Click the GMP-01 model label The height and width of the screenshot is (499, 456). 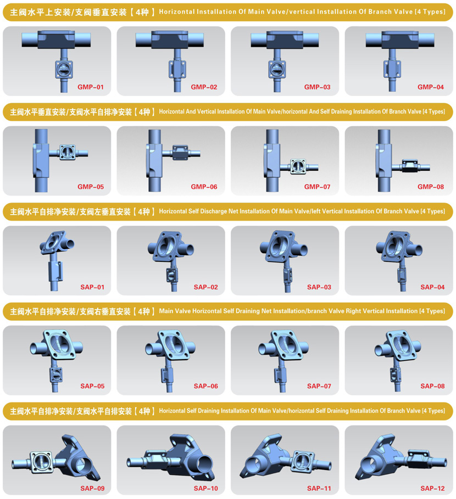pyautogui.click(x=91, y=87)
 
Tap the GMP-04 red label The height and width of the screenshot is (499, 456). pyautogui.click(x=431, y=87)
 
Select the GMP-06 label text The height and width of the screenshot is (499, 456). pyautogui.click(x=204, y=187)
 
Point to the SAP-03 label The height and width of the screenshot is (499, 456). pyautogui.click(x=319, y=287)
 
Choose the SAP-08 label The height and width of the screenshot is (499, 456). pyautogui.click(x=432, y=386)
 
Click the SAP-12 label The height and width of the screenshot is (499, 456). pyautogui.click(x=432, y=488)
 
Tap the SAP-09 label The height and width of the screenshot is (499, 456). pyautogui.click(x=92, y=488)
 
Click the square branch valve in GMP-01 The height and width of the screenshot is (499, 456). pyautogui.click(x=64, y=69)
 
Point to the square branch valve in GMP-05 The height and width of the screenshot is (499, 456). pyautogui.click(x=68, y=152)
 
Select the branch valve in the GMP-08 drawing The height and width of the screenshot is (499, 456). pyautogui.click(x=410, y=166)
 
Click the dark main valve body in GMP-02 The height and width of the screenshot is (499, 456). pyautogui.click(x=169, y=40)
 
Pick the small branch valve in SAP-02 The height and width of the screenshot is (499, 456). pyautogui.click(x=173, y=275)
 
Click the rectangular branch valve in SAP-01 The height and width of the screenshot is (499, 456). pyautogui.click(x=55, y=272)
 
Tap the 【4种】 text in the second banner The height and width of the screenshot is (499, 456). pyautogui.click(x=144, y=112)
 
